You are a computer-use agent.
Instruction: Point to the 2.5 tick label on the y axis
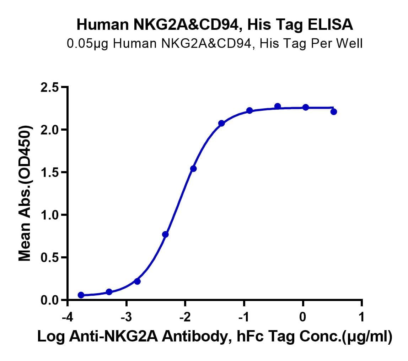[x=49, y=87]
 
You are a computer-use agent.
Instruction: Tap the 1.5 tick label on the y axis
[x=49, y=172]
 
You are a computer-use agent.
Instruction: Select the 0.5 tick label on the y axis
[x=49, y=257]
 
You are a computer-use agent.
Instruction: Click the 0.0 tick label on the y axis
[x=49, y=300]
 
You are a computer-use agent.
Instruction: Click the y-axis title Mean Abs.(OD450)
[x=25, y=193]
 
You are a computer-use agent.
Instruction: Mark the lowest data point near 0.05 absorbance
[x=81, y=295]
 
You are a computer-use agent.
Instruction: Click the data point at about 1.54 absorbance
[x=193, y=169]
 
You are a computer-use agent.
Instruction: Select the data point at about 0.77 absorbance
[x=165, y=234]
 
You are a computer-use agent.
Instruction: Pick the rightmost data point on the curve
[x=334, y=112]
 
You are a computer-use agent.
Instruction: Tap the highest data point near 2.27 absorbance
[x=278, y=106]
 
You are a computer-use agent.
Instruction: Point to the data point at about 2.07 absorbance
[x=221, y=123]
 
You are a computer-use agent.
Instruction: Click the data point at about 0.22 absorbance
[x=138, y=281]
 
